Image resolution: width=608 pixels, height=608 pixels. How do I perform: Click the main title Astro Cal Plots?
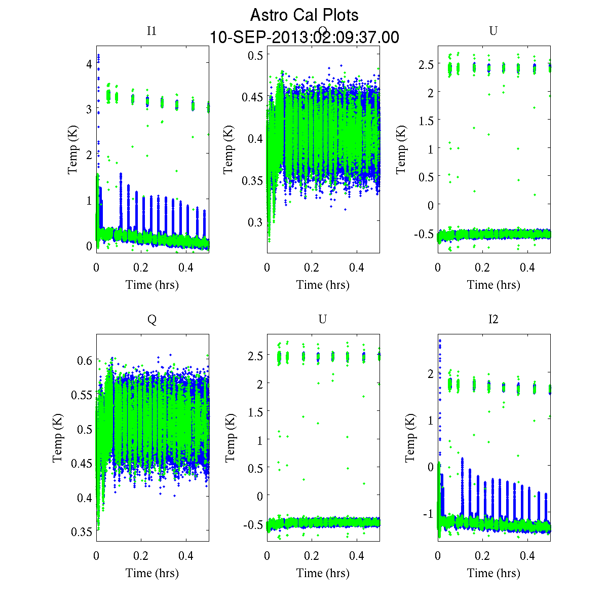304,15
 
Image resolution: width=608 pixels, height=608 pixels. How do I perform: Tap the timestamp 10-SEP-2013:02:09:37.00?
304,37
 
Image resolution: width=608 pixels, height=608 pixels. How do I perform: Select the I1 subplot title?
151,31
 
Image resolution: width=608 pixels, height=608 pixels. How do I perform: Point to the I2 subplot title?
493,319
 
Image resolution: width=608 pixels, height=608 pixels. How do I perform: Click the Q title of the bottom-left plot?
151,319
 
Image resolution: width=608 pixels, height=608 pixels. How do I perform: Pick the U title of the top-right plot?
493,31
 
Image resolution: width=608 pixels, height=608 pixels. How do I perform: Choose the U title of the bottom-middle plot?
322,319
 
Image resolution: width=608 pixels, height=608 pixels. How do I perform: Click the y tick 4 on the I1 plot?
89,64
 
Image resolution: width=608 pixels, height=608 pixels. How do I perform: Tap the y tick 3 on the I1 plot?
89,109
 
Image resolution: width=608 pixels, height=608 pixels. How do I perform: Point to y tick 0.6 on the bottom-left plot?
85,360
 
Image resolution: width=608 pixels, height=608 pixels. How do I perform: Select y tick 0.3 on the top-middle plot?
255,222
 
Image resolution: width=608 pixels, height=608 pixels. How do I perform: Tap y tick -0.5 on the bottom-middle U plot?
253,524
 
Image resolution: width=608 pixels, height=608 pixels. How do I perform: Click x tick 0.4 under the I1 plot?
186,268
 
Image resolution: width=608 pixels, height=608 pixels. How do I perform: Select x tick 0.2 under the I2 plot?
483,556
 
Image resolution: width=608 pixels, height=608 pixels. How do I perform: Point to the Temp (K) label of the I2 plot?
410,438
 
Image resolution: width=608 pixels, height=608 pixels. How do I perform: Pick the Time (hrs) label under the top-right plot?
493,285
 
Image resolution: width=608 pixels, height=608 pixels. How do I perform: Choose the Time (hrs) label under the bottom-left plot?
152,573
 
